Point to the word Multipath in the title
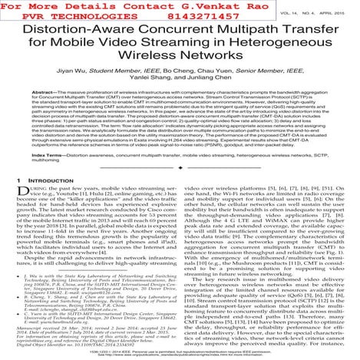point(240,36)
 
